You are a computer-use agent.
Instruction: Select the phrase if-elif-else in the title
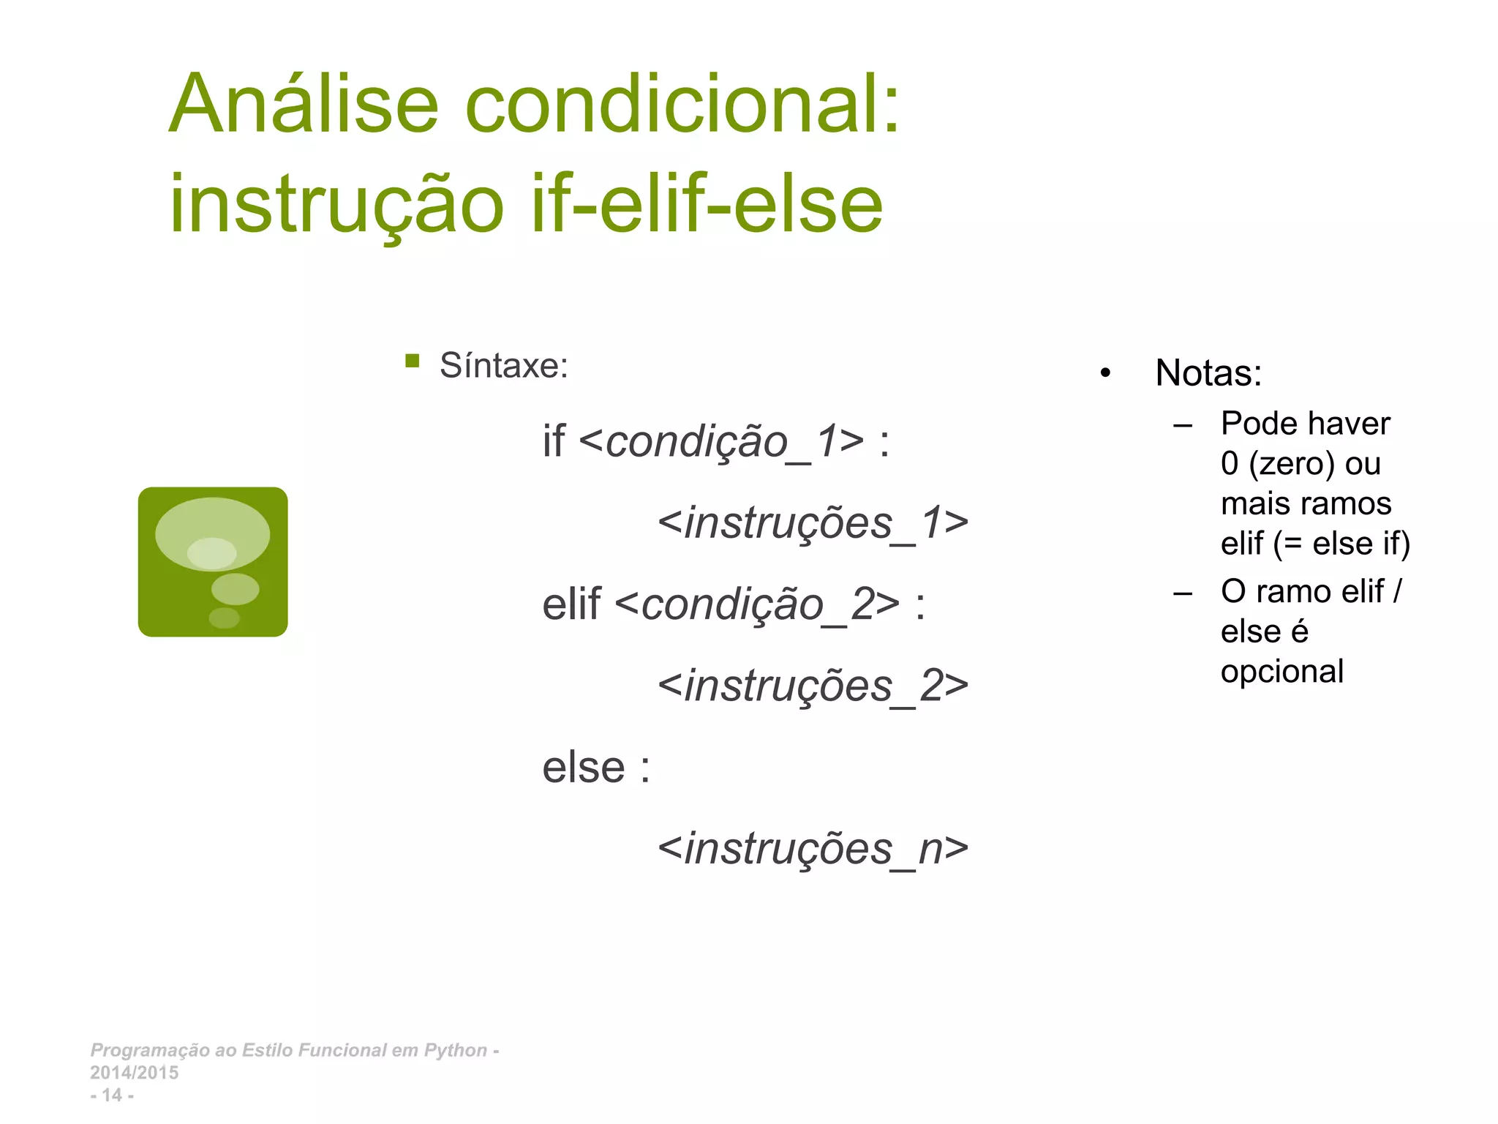[x=707, y=205]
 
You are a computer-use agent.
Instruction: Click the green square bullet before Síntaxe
[x=413, y=361]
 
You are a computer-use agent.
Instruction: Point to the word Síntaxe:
[x=503, y=366]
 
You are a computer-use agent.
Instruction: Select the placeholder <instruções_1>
[x=813, y=524]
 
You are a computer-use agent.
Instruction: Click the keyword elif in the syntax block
[x=571, y=605]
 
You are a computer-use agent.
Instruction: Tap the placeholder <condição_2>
[x=757, y=605]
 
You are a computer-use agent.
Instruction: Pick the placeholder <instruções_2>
[x=813, y=686]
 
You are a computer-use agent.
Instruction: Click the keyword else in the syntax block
[x=584, y=768]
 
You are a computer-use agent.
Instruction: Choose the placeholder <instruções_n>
[x=813, y=850]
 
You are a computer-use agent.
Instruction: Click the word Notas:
[x=1208, y=373]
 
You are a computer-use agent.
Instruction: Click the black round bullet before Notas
[x=1105, y=374]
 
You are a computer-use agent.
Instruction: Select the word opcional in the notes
[x=1281, y=672]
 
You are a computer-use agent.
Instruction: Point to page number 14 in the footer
[x=112, y=1095]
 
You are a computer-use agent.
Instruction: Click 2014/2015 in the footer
[x=134, y=1073]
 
